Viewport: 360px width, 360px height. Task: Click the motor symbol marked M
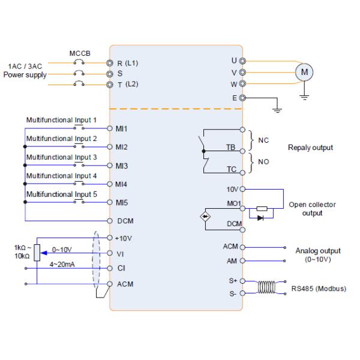coord(304,72)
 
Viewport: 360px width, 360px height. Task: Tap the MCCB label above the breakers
coord(79,53)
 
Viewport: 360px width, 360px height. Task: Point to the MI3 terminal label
coord(122,165)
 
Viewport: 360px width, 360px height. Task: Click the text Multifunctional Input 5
coord(61,194)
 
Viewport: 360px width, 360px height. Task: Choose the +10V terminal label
coord(124,238)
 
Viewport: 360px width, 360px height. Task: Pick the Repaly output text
coord(310,147)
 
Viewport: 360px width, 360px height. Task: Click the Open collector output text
coord(313,208)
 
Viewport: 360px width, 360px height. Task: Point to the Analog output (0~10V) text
coord(317,255)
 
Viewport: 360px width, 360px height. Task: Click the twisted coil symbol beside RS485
coord(266,287)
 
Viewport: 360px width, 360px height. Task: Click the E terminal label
coord(234,97)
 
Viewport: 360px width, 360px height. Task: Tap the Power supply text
coord(25,75)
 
